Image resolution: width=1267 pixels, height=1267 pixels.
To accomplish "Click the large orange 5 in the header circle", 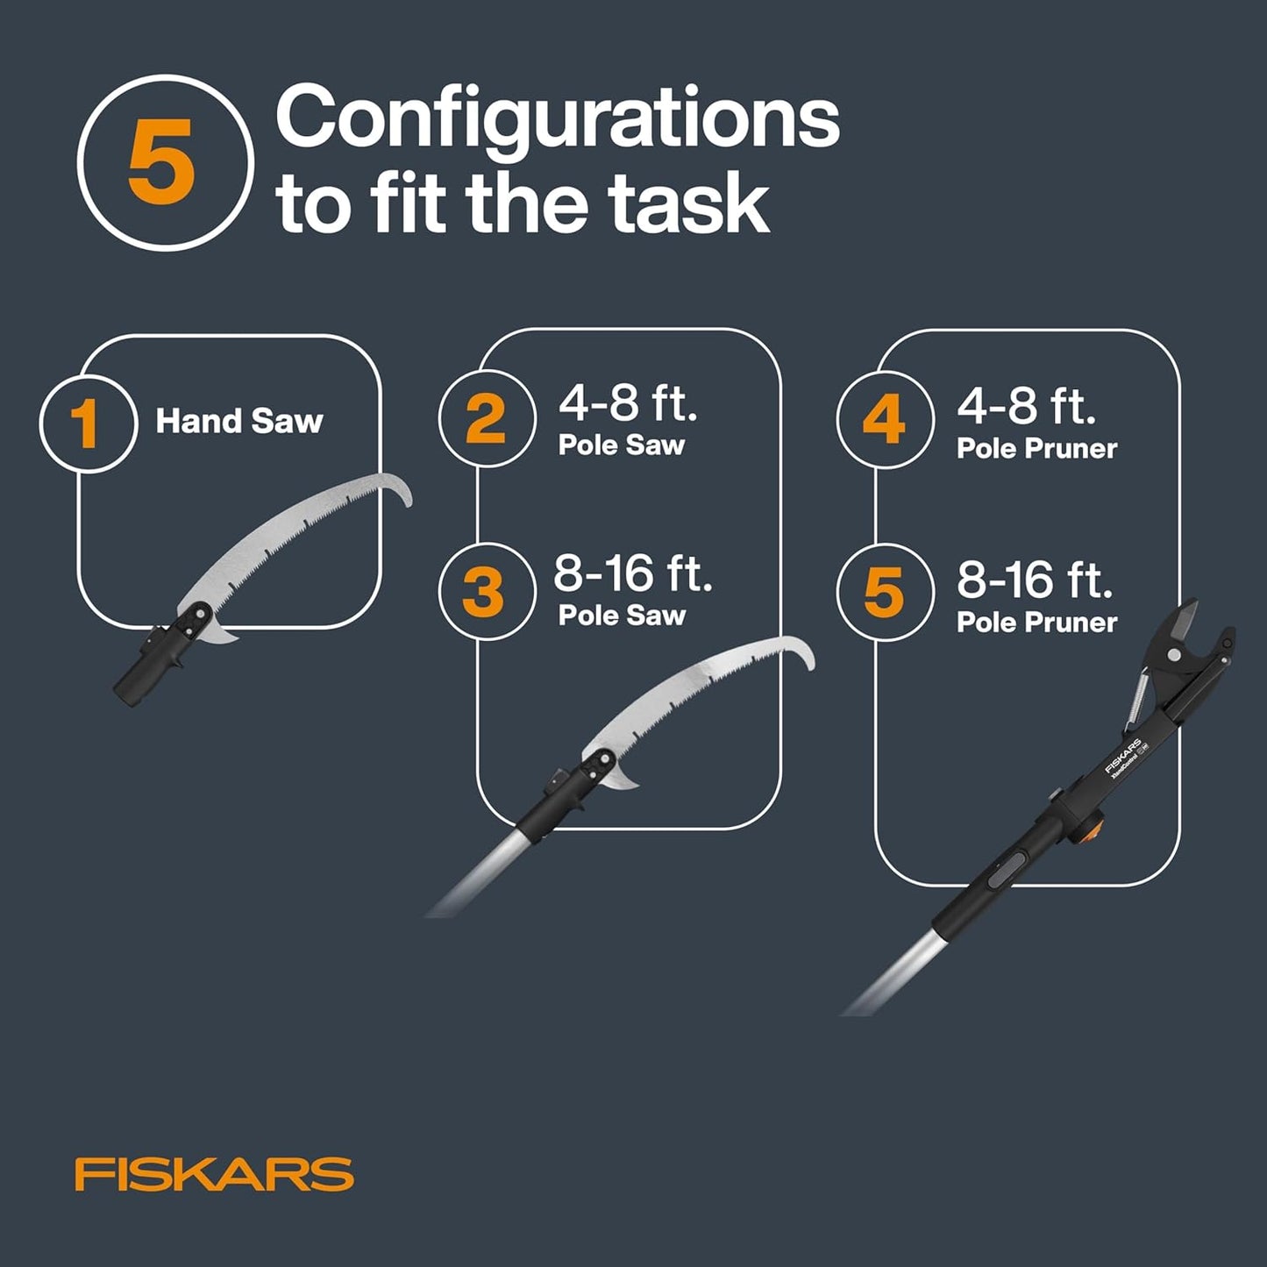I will click(x=161, y=163).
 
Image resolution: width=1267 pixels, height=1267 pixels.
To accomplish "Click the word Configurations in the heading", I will click(x=558, y=119).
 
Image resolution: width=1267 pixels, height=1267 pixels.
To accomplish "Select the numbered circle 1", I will click(x=88, y=424).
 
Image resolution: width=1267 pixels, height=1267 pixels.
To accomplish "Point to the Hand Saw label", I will click(x=239, y=422).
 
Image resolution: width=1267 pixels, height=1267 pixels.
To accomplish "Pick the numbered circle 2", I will click(x=486, y=418).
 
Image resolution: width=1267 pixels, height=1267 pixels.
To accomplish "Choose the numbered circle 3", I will click(x=485, y=591).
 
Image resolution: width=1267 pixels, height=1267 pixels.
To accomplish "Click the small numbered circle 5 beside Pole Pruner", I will click(x=884, y=592).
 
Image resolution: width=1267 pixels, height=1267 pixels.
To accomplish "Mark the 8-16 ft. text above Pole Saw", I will click(x=632, y=574).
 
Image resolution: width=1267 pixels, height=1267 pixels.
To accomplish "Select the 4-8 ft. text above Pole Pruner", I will click(x=1026, y=406).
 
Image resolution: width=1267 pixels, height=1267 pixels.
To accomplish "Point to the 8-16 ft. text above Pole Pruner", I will click(x=1035, y=580).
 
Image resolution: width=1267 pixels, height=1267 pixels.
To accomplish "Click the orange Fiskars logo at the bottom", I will click(x=214, y=1174).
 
